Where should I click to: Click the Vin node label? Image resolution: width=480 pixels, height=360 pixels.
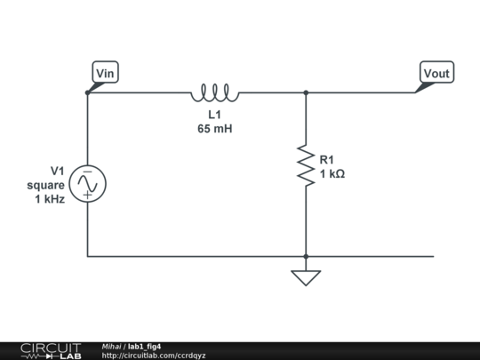tap(106, 73)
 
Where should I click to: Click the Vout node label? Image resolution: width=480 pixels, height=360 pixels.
tap(436, 73)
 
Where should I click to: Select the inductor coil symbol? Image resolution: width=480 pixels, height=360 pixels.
tap(214, 92)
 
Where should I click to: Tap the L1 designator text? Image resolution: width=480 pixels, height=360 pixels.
tap(214, 115)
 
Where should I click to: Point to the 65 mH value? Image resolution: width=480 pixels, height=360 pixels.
tap(214, 128)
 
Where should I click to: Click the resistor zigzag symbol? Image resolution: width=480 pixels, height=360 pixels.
tap(306, 166)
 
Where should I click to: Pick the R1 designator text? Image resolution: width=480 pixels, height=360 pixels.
tap(328, 160)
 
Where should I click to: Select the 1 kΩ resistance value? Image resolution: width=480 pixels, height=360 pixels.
tap(332, 174)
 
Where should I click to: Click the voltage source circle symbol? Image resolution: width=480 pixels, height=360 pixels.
tap(87, 184)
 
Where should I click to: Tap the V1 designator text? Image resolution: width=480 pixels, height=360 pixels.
tap(57, 171)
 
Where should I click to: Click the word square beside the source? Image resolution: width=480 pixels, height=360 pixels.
tap(45, 185)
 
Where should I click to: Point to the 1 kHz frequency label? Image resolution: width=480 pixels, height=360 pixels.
tap(50, 199)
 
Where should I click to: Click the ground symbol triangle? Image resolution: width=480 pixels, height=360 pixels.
tap(306, 277)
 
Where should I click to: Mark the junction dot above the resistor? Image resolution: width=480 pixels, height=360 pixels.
tap(306, 92)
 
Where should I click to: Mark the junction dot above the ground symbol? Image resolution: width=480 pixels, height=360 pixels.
tap(306, 256)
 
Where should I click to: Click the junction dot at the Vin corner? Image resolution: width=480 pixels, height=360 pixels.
tap(87, 92)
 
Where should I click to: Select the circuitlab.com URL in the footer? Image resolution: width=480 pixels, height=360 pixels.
tap(154, 356)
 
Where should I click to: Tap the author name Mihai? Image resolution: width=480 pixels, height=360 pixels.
tap(111, 346)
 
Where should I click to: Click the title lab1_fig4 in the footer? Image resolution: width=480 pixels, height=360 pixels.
tap(144, 346)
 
